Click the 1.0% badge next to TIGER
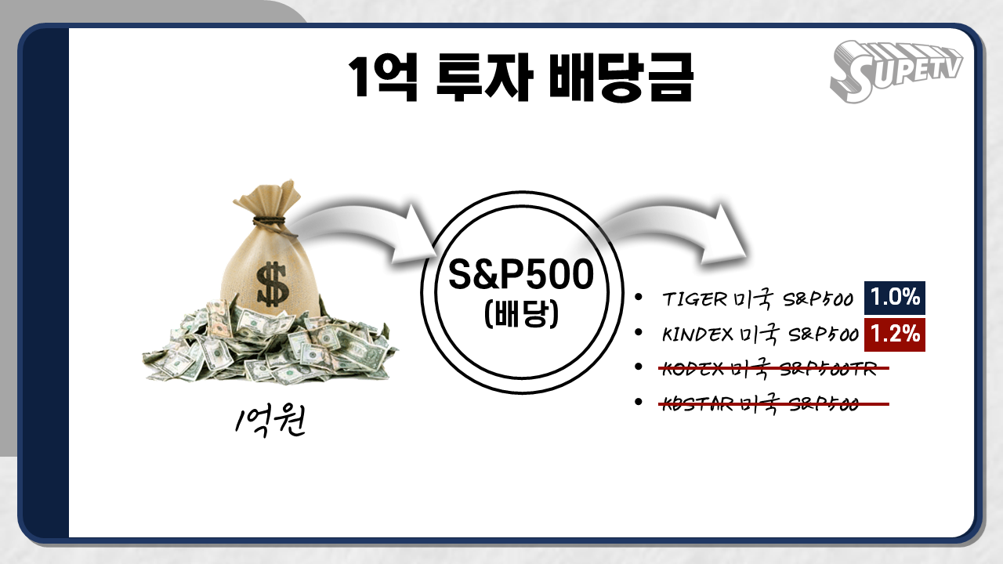click(x=895, y=298)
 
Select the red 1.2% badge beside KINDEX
click(x=895, y=334)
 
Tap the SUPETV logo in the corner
click(x=896, y=71)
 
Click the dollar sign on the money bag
click(x=271, y=284)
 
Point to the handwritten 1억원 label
click(x=270, y=421)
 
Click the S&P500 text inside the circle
click(x=521, y=274)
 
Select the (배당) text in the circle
click(x=521, y=314)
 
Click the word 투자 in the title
click(x=484, y=76)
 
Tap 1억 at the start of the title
click(x=383, y=76)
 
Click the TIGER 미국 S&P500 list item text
click(x=758, y=299)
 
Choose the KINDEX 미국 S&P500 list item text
click(x=760, y=334)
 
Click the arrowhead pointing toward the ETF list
click(x=723, y=233)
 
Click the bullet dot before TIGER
click(x=639, y=297)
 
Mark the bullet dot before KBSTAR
click(x=639, y=402)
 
